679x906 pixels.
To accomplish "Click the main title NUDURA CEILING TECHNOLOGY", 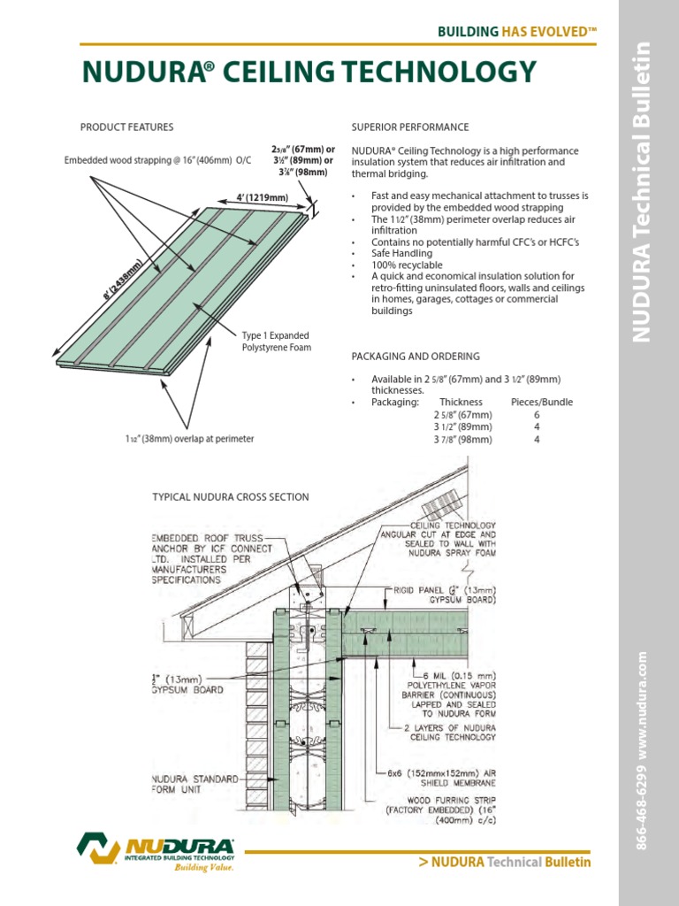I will [309, 72].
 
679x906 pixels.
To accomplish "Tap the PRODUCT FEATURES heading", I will [126, 127].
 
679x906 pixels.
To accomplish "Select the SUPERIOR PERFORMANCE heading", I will [410, 127].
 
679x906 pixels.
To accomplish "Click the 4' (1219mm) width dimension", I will [261, 196].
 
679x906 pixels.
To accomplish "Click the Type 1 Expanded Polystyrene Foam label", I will [277, 342].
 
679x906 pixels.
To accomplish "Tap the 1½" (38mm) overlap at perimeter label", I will [189, 439].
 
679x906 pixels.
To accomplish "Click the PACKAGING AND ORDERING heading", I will [416, 357].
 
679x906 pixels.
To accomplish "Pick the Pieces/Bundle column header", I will [542, 402].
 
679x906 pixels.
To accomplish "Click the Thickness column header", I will [461, 402].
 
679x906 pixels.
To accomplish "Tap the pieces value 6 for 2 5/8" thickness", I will [537, 414].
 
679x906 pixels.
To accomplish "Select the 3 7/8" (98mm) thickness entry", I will [462, 439].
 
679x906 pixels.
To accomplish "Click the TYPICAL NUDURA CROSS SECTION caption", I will [232, 497].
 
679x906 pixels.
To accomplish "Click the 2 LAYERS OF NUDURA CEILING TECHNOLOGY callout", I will [450, 732].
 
